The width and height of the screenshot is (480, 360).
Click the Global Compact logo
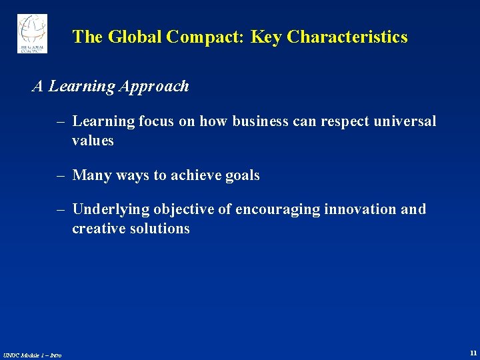[x=32, y=33]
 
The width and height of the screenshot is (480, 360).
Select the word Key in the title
[x=266, y=37]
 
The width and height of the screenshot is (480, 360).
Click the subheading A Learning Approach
[x=111, y=87]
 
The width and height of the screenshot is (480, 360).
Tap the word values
[x=93, y=141]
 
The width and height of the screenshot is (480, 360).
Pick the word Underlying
[x=111, y=209]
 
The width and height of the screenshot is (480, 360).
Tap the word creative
[x=98, y=229]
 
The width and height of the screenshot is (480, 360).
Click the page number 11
[x=473, y=353]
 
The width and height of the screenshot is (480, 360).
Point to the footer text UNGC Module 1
[x=32, y=355]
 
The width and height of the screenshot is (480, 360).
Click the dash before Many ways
[x=61, y=175]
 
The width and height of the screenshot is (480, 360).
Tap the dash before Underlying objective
[x=61, y=209]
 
